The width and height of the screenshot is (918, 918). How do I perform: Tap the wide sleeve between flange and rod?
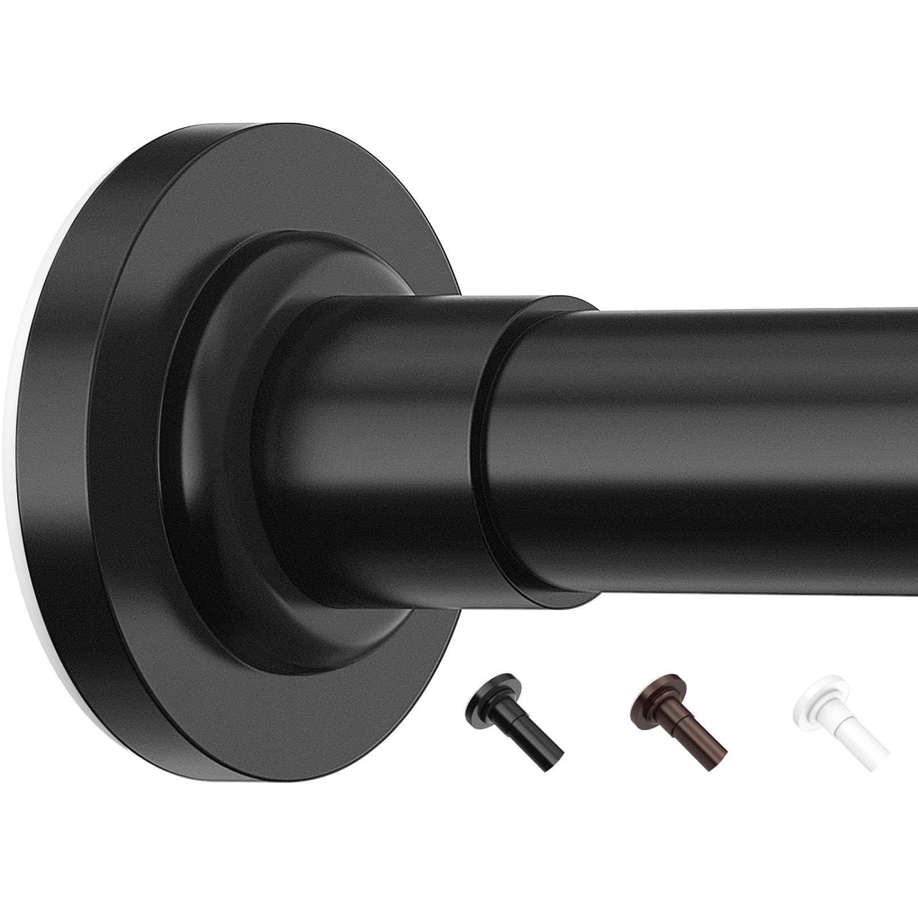[x=378, y=447]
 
